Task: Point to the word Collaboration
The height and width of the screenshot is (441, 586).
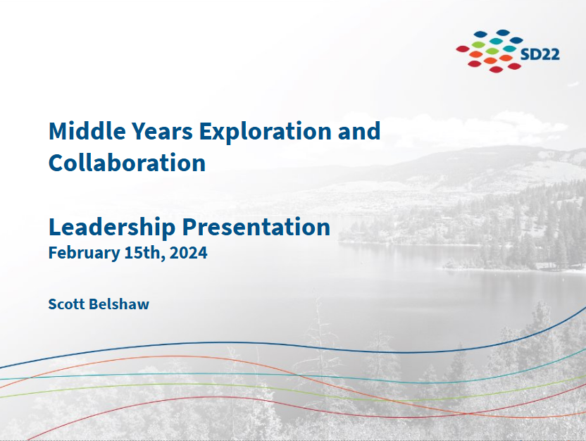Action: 127,163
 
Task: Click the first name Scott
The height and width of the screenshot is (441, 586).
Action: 67,304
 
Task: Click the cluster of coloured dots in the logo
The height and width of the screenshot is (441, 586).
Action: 492,51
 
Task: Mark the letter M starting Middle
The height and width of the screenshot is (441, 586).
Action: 57,131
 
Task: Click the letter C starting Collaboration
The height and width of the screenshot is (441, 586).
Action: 56,163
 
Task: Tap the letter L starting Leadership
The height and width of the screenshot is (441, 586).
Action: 54,227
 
